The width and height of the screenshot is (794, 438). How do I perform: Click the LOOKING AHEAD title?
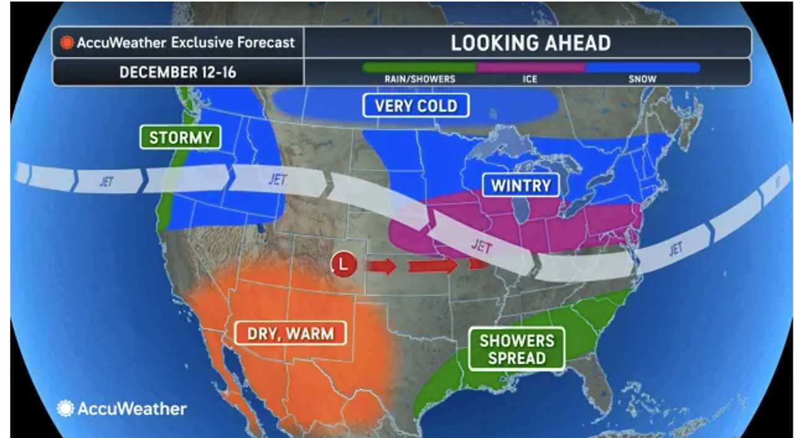pyautogui.click(x=530, y=43)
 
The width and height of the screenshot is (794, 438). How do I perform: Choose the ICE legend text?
pyautogui.click(x=530, y=79)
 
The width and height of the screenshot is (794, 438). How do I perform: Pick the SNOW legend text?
pyautogui.click(x=643, y=79)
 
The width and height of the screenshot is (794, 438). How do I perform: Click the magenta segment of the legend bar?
pyautogui.click(x=530, y=67)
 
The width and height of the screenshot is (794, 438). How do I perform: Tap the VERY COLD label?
pyautogui.click(x=416, y=106)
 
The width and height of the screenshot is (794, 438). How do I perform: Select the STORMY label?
pyautogui.click(x=181, y=137)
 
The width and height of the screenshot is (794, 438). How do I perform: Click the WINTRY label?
pyautogui.click(x=520, y=185)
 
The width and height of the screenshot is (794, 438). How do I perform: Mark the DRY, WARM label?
pyautogui.click(x=290, y=334)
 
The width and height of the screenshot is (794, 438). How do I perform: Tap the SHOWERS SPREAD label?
pyautogui.click(x=516, y=349)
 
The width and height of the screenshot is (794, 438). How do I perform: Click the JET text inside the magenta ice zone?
pyautogui.click(x=481, y=247)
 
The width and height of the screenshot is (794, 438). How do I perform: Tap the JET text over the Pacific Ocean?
pyautogui.click(x=107, y=182)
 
